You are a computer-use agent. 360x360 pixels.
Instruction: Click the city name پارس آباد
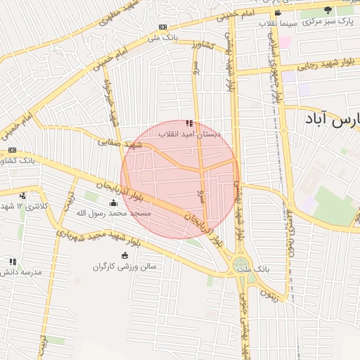tap(332, 118)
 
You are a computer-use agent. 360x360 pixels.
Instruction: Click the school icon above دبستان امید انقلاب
tap(188, 123)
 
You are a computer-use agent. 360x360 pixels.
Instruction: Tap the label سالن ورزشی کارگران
tap(124, 266)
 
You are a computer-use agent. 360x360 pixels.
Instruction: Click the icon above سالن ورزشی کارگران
tap(125, 255)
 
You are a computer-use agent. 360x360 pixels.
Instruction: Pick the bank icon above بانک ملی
tap(163, 27)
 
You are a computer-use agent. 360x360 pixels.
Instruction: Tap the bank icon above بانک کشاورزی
tap(12, 150)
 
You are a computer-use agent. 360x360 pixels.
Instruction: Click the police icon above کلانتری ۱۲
tap(23, 195)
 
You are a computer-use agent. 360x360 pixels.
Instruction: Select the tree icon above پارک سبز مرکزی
tap(329, 10)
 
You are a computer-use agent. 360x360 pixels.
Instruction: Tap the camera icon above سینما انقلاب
tap(278, 13)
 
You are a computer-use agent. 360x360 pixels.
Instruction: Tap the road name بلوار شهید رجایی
tap(295, 67)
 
